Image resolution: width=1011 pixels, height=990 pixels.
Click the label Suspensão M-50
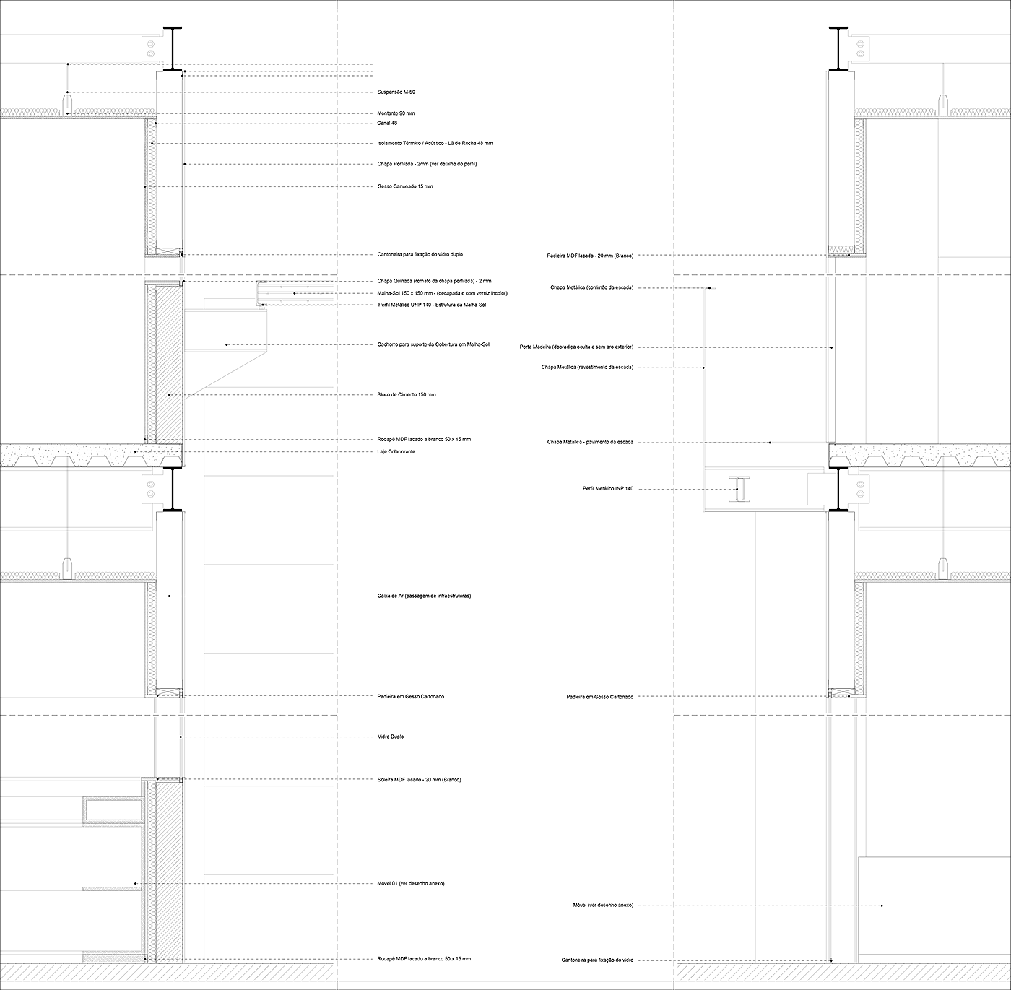click(x=396, y=92)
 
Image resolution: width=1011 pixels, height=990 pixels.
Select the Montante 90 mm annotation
click(x=396, y=113)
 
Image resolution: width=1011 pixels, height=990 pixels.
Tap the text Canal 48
click(x=387, y=123)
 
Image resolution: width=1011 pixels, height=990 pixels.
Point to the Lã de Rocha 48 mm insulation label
click(x=435, y=144)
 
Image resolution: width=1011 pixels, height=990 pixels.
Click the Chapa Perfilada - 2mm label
click(x=427, y=165)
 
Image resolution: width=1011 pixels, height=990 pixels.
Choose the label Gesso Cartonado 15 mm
click(x=405, y=186)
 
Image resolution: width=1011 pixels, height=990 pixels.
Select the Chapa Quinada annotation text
click(x=434, y=281)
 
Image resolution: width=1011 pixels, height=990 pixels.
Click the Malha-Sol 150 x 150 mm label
click(x=442, y=293)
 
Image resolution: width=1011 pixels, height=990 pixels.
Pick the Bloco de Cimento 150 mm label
click(x=407, y=395)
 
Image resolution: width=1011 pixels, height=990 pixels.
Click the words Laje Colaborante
click(x=396, y=452)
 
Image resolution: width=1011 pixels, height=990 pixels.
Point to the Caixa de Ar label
click(x=424, y=596)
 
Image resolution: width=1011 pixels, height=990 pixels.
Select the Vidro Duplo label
click(x=391, y=737)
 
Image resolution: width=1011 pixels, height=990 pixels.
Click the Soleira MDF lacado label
click(x=419, y=780)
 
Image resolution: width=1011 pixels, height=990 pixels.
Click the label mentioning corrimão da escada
click(x=591, y=287)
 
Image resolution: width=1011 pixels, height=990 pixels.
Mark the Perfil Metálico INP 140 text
click(x=608, y=489)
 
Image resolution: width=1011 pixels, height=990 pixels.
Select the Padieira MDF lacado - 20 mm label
click(x=590, y=256)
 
